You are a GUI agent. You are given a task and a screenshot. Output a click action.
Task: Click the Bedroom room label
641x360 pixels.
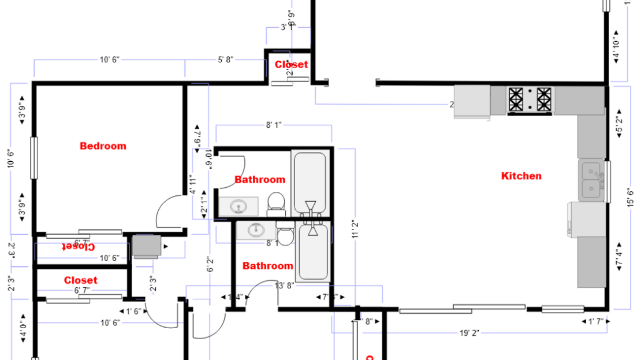103,146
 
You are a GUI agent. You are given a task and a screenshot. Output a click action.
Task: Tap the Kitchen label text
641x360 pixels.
521,176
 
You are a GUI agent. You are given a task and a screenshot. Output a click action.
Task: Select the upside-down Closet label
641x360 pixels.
80,246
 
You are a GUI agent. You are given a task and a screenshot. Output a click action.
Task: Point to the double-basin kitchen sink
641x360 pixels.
591,180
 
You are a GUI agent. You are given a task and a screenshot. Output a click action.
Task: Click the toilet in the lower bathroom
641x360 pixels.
285,233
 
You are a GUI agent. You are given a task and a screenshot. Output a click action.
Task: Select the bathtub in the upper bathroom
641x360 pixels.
311,183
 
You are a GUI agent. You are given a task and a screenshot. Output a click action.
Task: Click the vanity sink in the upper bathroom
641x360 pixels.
238,206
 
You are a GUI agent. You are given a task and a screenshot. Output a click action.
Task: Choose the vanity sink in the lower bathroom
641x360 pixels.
256,230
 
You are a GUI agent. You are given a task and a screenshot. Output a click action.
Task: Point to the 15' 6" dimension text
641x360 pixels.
631,198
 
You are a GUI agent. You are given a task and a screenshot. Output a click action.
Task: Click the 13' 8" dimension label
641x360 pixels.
284,285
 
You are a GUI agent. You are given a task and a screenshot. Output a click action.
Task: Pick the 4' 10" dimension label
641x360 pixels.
617,49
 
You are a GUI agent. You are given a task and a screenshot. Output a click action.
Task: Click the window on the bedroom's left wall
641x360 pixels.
34,157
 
